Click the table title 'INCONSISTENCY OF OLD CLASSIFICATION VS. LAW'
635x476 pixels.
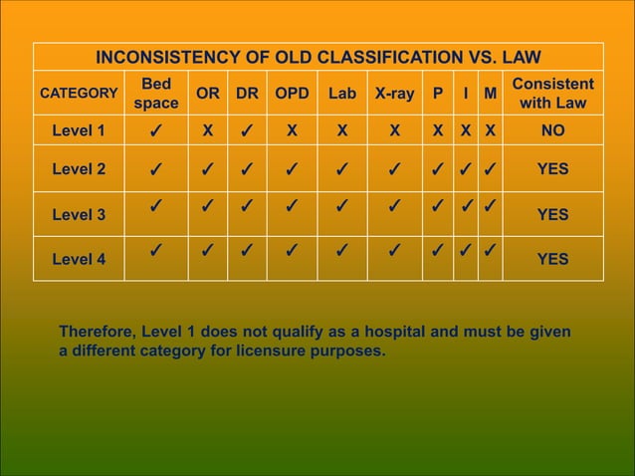(x=317, y=57)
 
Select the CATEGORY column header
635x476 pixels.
(x=78, y=94)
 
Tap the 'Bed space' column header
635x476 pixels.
(x=156, y=94)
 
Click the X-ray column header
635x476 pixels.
(x=395, y=94)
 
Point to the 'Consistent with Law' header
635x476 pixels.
(x=553, y=94)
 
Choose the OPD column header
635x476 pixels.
(x=292, y=94)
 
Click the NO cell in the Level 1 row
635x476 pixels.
(x=553, y=130)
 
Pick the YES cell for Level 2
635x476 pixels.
(x=553, y=169)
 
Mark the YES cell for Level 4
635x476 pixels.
(x=553, y=260)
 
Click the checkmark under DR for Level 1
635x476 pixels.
(x=246, y=130)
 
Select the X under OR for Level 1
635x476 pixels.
(x=207, y=130)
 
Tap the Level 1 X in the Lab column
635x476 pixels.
(x=341, y=130)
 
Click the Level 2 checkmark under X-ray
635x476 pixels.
(x=395, y=169)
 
